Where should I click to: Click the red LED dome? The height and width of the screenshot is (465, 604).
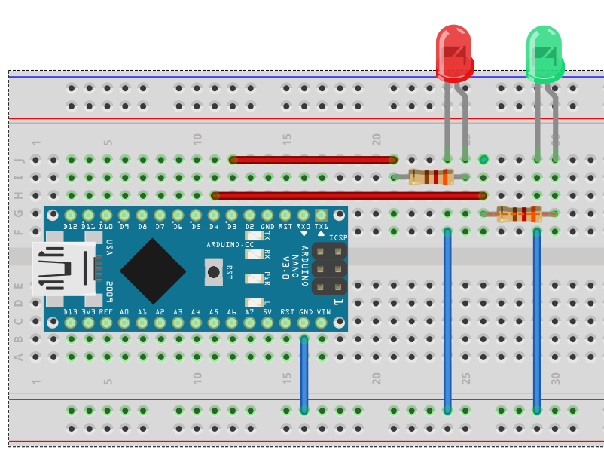pyautogui.click(x=454, y=53)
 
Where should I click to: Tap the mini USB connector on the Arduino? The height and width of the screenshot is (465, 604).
pyautogui.click(x=65, y=268)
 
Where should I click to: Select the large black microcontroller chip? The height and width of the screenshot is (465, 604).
pyautogui.click(x=153, y=271)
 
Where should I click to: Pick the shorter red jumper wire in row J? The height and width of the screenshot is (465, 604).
pyautogui.click(x=313, y=160)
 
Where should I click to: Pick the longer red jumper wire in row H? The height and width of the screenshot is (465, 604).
pyautogui.click(x=348, y=196)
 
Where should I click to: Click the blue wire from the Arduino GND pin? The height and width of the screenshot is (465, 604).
pyautogui.click(x=304, y=373)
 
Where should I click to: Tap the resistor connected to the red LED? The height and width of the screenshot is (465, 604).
pyautogui.click(x=431, y=178)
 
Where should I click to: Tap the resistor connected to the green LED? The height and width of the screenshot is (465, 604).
pyautogui.click(x=520, y=214)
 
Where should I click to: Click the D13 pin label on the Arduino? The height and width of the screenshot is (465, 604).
pyautogui.click(x=71, y=311)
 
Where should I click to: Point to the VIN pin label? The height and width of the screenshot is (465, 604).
pyautogui.click(x=324, y=311)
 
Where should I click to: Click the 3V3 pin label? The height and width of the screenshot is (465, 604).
pyautogui.click(x=89, y=311)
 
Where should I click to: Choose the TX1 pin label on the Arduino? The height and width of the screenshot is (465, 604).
pyautogui.click(x=322, y=226)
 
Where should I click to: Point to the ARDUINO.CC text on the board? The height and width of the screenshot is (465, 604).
pyautogui.click(x=230, y=245)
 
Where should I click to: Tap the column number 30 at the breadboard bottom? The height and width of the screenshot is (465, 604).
pyautogui.click(x=555, y=378)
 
